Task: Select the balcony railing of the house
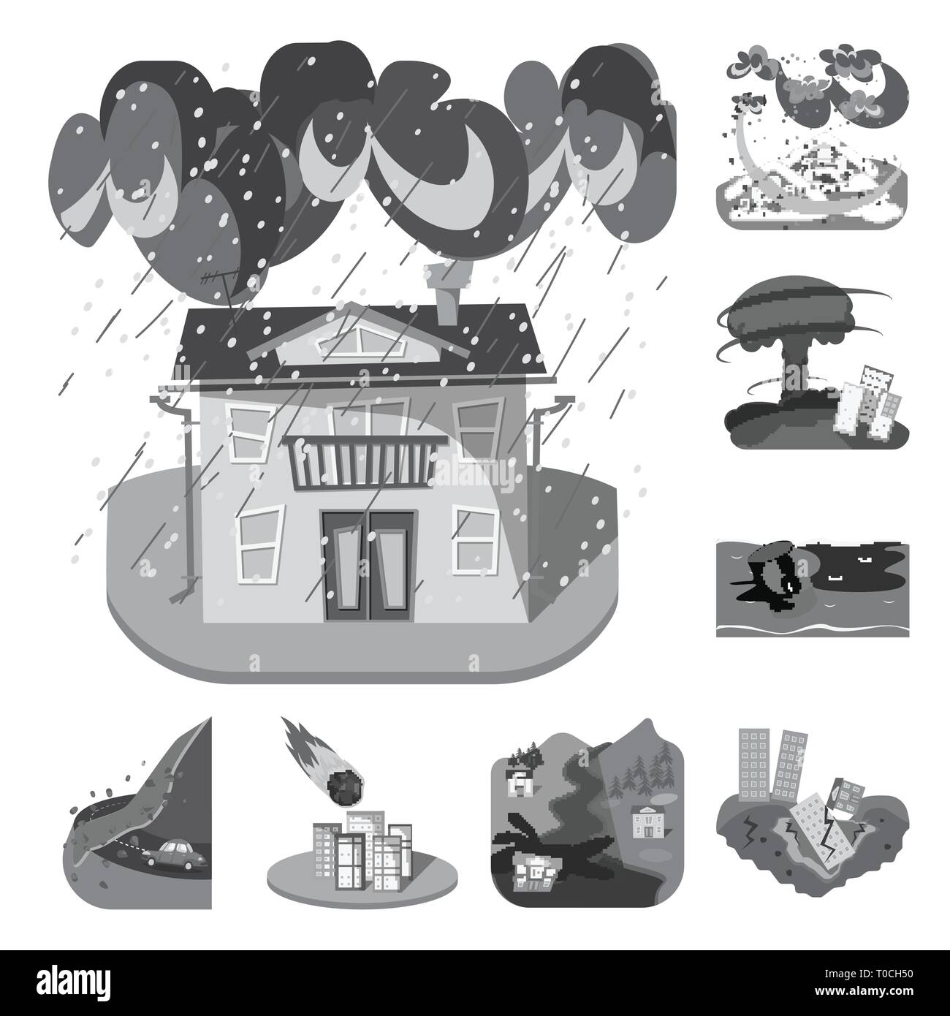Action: pos(363,463)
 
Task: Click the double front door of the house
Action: pos(368,566)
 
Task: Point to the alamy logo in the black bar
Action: pos(74,982)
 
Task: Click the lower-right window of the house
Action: pos(476,539)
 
